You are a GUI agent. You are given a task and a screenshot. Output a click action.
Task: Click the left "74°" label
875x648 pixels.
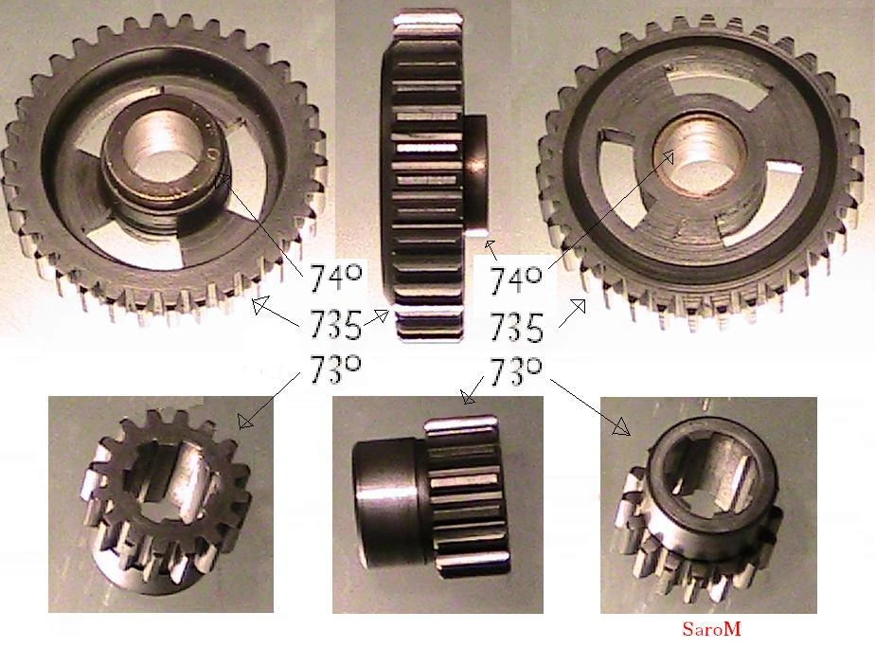click(x=335, y=279)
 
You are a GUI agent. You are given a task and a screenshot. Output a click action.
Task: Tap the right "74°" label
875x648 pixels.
click(x=515, y=280)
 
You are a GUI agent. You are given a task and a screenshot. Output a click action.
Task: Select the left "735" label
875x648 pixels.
click(x=335, y=324)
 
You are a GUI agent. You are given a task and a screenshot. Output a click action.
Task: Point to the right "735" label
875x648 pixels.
click(x=516, y=327)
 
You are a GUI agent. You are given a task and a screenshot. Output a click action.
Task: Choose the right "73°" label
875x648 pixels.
click(x=515, y=371)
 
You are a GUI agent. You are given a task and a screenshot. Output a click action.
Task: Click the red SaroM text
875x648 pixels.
click(x=711, y=629)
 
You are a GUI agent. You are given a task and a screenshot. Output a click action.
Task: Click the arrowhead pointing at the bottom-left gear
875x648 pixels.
click(x=244, y=421)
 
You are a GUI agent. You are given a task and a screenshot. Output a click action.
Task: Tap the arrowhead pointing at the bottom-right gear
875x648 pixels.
click(x=621, y=428)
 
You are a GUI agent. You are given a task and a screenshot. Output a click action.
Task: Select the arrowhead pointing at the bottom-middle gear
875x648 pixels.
click(x=468, y=397)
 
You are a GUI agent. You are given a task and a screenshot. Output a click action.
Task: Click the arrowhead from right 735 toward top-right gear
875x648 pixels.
click(x=578, y=306)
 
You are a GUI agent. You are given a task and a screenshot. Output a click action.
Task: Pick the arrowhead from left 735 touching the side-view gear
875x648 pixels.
click(x=381, y=315)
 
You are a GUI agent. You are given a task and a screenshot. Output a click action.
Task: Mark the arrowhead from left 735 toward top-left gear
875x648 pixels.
click(x=259, y=305)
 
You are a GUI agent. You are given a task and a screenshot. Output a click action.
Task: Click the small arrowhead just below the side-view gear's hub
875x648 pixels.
click(x=490, y=246)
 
